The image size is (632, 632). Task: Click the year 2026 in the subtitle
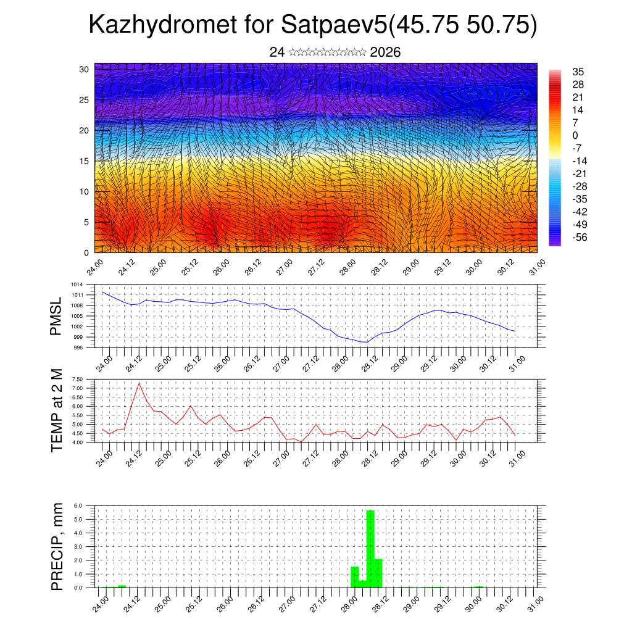385,52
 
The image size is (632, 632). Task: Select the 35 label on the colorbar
578,72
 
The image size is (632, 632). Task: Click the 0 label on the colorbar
575,135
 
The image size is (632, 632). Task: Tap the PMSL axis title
56,316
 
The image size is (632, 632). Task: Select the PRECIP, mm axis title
56,546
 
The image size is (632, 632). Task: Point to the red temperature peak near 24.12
139,383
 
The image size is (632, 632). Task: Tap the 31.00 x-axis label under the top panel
531,269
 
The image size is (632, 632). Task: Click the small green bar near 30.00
478,586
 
